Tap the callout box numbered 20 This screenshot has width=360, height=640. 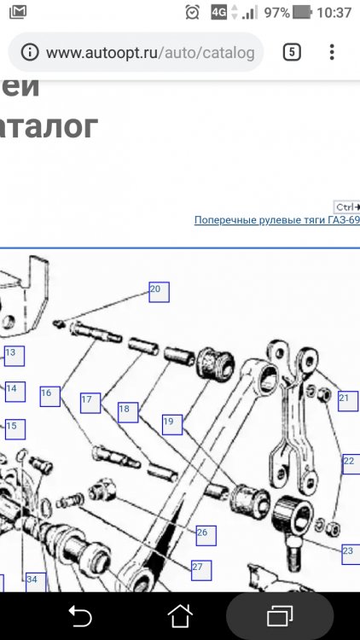pos(159,292)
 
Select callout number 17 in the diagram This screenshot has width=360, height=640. pos(90,401)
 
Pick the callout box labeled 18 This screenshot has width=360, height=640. pos(128,411)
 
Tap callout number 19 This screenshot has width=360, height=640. pos(171,422)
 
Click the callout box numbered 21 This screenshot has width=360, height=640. pos(346,399)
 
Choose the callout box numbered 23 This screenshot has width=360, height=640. pos(348,552)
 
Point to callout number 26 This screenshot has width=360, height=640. pos(204,534)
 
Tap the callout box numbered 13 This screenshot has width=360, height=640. pos(12,353)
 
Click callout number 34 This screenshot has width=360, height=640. pos(33,581)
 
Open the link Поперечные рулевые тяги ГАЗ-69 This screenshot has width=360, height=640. pos(276,220)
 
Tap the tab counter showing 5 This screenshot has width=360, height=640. pos(292,52)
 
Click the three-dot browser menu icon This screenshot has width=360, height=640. pos(332,52)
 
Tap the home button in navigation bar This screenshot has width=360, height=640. pos(180,615)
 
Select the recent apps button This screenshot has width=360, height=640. pos(279,615)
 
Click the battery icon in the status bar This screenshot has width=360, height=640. pos(302,13)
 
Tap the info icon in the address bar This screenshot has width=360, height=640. pos(30,53)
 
